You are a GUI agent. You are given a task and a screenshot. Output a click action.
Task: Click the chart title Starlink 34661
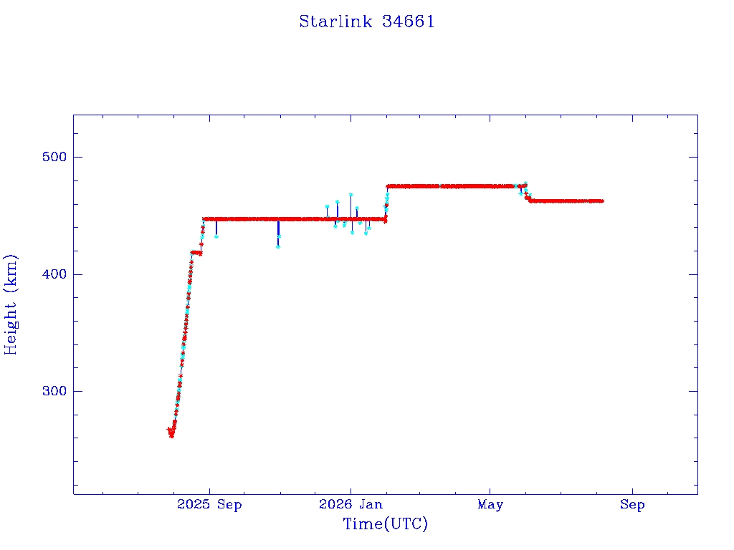click(x=367, y=21)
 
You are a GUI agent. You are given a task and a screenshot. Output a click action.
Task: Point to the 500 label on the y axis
click(x=54, y=157)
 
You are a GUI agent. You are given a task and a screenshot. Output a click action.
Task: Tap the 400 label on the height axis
click(x=54, y=274)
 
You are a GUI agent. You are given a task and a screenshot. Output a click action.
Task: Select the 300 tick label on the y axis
click(x=54, y=391)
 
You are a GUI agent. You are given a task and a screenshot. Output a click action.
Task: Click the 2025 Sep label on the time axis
click(x=209, y=505)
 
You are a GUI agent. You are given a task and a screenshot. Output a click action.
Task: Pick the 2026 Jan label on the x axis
click(x=351, y=504)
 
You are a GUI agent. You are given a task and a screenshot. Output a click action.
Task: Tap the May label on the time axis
click(x=490, y=505)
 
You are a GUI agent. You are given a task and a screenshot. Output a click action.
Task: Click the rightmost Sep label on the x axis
click(x=632, y=505)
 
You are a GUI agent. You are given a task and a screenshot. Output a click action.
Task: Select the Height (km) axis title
click(x=10, y=304)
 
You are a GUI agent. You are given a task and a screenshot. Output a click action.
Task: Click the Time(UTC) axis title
click(x=385, y=524)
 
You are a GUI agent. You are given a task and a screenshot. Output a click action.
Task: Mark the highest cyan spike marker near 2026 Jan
click(x=351, y=195)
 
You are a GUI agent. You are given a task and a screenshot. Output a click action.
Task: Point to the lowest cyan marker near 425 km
click(x=277, y=246)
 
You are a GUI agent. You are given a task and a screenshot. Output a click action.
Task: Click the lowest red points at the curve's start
click(x=171, y=435)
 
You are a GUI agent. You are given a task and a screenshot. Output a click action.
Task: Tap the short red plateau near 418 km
click(x=196, y=253)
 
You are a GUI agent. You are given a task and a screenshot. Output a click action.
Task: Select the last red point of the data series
click(x=602, y=201)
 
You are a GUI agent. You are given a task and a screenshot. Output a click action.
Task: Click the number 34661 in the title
click(x=408, y=21)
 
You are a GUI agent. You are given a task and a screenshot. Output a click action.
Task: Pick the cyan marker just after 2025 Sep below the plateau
click(x=216, y=236)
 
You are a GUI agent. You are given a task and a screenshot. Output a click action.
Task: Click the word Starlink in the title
click(x=335, y=21)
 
